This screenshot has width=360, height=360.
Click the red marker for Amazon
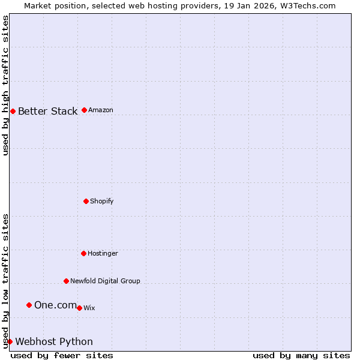click(84, 110)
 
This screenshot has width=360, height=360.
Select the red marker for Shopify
click(86, 201)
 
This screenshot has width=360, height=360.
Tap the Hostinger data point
click(83, 253)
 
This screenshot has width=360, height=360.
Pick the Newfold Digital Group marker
click(66, 281)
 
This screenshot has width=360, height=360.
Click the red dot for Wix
click(79, 308)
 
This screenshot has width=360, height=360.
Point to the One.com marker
click(29, 305)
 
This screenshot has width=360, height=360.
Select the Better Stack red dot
click(13, 111)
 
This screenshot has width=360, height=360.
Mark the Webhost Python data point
click(10, 341)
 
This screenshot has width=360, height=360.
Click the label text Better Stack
click(47, 111)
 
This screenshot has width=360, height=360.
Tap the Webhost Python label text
click(54, 341)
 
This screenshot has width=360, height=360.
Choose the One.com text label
click(55, 305)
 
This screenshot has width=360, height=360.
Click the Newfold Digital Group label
click(105, 281)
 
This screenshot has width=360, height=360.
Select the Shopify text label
click(101, 201)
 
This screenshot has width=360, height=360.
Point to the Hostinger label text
click(103, 253)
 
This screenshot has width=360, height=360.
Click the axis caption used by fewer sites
click(62, 355)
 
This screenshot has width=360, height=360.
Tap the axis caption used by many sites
click(301, 355)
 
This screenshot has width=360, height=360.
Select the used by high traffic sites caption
click(5, 85)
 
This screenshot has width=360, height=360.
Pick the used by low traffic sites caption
click(5, 281)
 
